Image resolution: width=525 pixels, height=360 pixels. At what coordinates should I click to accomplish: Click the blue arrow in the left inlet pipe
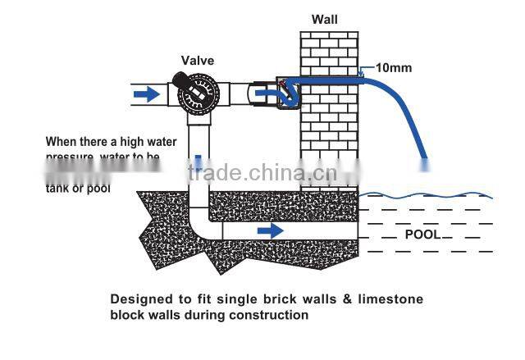(x=148, y=94)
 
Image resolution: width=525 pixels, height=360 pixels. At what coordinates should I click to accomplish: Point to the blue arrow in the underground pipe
(x=271, y=231)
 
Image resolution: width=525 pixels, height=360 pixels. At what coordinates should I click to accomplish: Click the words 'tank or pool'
(x=78, y=188)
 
